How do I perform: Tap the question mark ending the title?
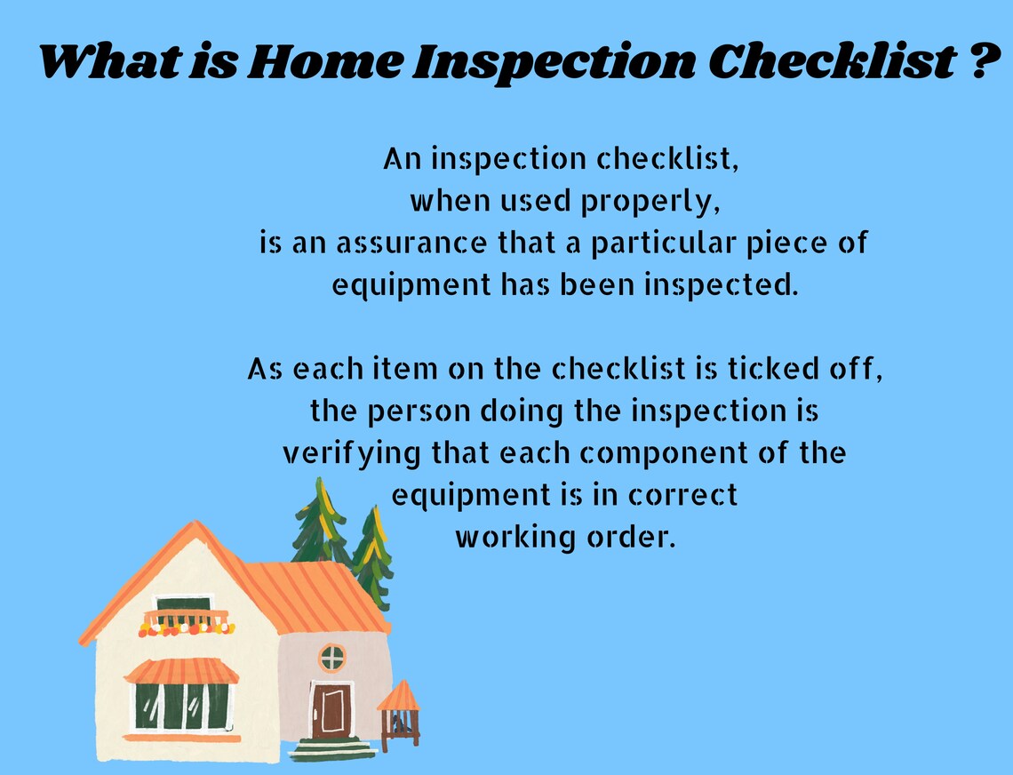coord(975,61)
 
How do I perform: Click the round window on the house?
coord(331,658)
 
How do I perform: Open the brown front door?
coord(331,710)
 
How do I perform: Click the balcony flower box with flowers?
coord(187,627)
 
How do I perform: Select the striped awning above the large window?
coord(181,672)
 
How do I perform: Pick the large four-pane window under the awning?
coord(181,707)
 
